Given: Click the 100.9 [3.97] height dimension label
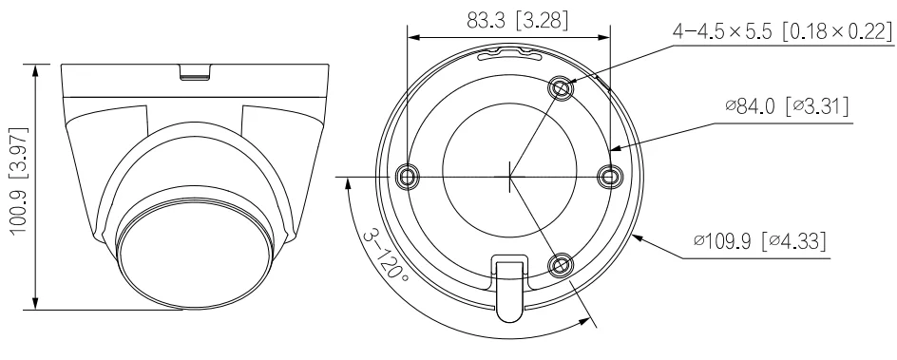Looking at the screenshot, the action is [20, 180].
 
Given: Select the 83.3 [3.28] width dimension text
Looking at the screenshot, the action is [518, 21].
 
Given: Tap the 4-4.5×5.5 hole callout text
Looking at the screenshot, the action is [782, 30].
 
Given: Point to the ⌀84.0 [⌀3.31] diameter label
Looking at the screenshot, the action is [787, 106].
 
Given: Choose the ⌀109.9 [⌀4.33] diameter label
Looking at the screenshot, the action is [760, 240].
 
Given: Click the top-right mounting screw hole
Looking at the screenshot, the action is [560, 88].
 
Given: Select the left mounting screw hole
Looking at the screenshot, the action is [407, 176].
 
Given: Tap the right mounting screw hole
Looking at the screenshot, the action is [609, 176].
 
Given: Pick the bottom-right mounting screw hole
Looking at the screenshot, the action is [560, 265].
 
